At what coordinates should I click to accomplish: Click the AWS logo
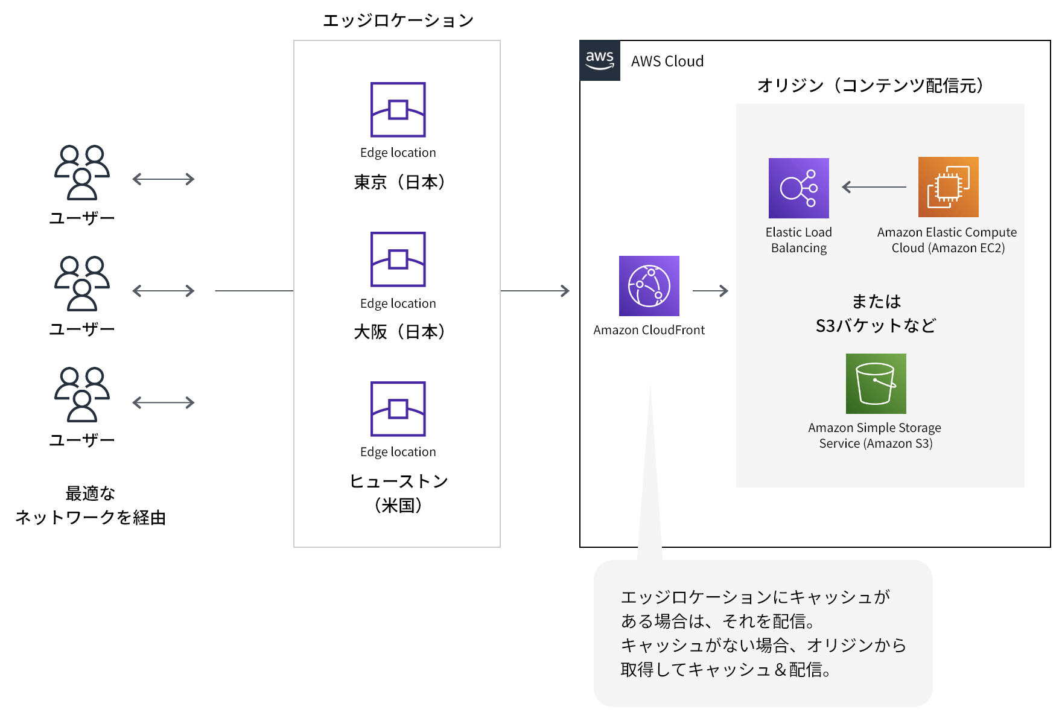coord(599,60)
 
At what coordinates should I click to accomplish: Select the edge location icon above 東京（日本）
coord(398,109)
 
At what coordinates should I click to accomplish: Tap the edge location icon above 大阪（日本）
coord(398,259)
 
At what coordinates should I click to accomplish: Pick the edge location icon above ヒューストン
coord(398,408)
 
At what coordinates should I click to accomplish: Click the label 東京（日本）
coord(399,182)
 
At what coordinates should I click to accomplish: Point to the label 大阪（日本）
coord(399,331)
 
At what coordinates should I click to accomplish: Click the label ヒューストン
coord(399,481)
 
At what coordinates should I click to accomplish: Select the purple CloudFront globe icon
coord(649,286)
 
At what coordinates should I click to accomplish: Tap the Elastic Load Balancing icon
coord(798,188)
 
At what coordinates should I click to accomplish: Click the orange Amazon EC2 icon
coord(948,187)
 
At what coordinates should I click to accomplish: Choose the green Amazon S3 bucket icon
coord(876,384)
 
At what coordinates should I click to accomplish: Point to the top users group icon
coord(82,172)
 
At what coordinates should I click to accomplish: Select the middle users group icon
coord(82,284)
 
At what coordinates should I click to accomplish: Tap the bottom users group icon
coord(82,394)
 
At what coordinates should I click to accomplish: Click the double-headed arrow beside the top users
coord(164,179)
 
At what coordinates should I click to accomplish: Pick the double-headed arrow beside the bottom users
coord(164,402)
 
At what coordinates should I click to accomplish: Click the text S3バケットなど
coord(876,326)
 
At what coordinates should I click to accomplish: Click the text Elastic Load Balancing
coord(798,240)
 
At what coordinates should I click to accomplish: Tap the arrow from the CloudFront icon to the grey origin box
coord(710,291)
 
